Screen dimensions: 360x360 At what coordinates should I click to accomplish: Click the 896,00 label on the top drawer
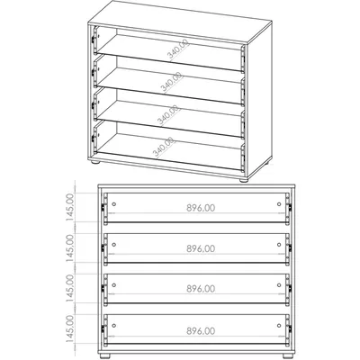(201, 208)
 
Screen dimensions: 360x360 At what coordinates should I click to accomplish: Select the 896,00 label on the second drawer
(201, 248)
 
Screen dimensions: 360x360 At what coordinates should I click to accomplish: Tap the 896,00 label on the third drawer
(201, 289)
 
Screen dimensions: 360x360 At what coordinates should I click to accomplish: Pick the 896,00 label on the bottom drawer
(201, 331)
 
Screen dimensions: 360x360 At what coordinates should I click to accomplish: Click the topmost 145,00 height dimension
(69, 208)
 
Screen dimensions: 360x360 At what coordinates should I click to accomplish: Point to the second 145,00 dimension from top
(69, 248)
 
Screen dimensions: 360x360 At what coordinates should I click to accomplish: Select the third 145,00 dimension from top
(69, 289)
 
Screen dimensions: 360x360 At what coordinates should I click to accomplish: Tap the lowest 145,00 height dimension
(69, 329)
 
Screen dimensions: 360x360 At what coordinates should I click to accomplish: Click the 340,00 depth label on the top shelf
(178, 49)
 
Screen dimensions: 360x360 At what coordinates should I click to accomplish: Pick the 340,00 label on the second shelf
(172, 82)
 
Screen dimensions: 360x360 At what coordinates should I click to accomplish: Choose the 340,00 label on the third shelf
(168, 115)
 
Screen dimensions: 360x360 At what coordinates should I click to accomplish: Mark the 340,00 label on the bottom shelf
(164, 148)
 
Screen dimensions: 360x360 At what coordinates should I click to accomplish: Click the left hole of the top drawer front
(113, 204)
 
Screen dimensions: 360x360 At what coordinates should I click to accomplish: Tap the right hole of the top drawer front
(279, 204)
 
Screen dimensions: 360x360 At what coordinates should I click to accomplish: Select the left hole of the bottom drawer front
(113, 326)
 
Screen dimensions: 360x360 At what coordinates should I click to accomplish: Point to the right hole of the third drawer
(279, 285)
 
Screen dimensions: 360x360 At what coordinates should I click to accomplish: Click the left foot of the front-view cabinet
(105, 355)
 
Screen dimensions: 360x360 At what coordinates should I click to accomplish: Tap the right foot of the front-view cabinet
(288, 355)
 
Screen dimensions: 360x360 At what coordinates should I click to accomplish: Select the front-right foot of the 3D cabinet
(244, 181)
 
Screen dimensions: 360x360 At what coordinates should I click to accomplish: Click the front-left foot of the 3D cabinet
(95, 163)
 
